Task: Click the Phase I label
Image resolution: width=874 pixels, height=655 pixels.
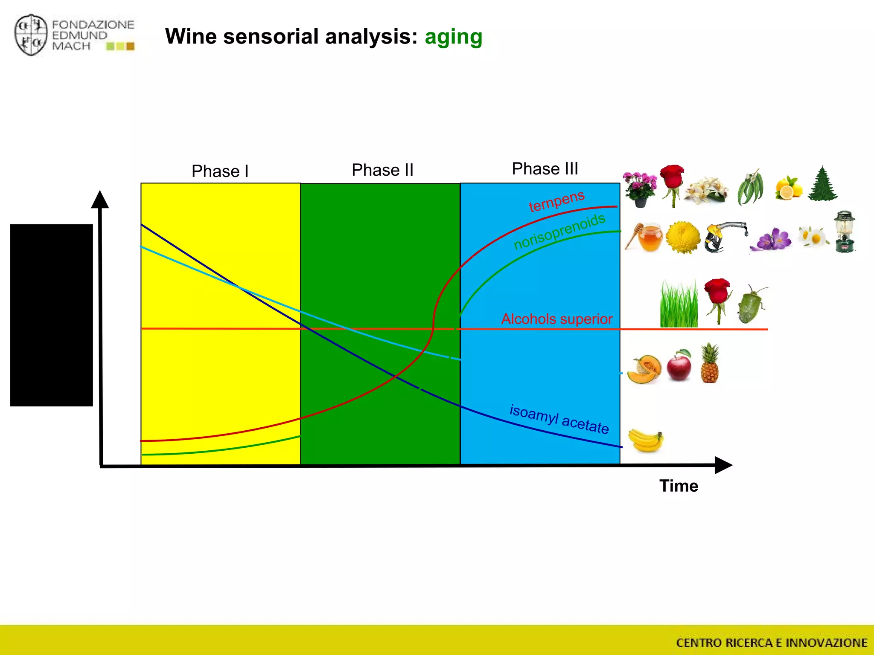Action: point(220,171)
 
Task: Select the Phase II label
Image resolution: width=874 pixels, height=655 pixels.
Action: point(382,170)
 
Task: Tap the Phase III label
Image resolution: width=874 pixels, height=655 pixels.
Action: point(545,169)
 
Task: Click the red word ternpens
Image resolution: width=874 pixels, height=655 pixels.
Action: point(556,201)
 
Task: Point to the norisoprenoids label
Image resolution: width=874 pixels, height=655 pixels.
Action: point(559,232)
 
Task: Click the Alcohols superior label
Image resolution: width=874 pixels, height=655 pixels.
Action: point(556,319)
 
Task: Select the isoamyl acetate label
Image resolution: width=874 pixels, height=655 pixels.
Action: point(559,419)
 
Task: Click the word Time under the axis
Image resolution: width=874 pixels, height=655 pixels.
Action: point(679,486)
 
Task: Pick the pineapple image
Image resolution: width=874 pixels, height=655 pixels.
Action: point(710,364)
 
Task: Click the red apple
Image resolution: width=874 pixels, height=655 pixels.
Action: point(679,365)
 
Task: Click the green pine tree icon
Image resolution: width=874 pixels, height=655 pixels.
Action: point(823,184)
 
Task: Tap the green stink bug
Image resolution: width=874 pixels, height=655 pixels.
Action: point(752,304)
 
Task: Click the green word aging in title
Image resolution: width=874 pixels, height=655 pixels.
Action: point(453,37)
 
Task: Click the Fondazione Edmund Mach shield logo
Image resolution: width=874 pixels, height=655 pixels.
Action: point(31,35)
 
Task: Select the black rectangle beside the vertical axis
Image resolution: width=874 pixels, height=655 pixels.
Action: point(52,315)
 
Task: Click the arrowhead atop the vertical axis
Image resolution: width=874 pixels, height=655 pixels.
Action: point(100,199)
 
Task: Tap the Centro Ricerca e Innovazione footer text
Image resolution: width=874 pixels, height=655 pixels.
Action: point(772,643)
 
